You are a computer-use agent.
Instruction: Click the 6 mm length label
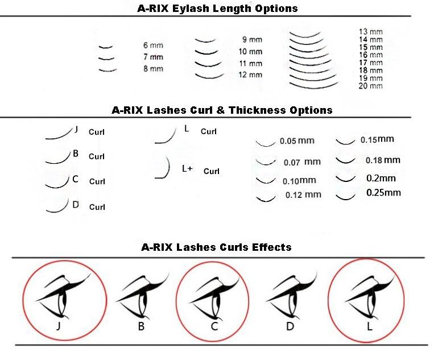pos(153,45)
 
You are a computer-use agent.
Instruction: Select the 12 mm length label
pos(250,75)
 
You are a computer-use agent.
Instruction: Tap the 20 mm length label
pos(371,86)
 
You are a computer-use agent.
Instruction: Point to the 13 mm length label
pos(371,32)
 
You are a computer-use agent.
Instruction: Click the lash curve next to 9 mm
pos(205,41)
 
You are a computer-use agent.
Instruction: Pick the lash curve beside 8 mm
pos(108,70)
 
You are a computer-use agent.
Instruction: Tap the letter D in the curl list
pos(76,205)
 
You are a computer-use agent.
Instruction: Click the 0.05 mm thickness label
pos(297,140)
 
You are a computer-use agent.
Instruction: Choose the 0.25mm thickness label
pos(383,193)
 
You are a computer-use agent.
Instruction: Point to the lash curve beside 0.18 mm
pos(346,161)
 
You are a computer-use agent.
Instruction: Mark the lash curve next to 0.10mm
pos(266,181)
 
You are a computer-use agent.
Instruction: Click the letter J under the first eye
pos(59,326)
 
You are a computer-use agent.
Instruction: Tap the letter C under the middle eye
pos(214,326)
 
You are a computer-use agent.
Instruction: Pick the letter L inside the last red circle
pos(370,326)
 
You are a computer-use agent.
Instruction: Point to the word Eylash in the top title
pos(190,9)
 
